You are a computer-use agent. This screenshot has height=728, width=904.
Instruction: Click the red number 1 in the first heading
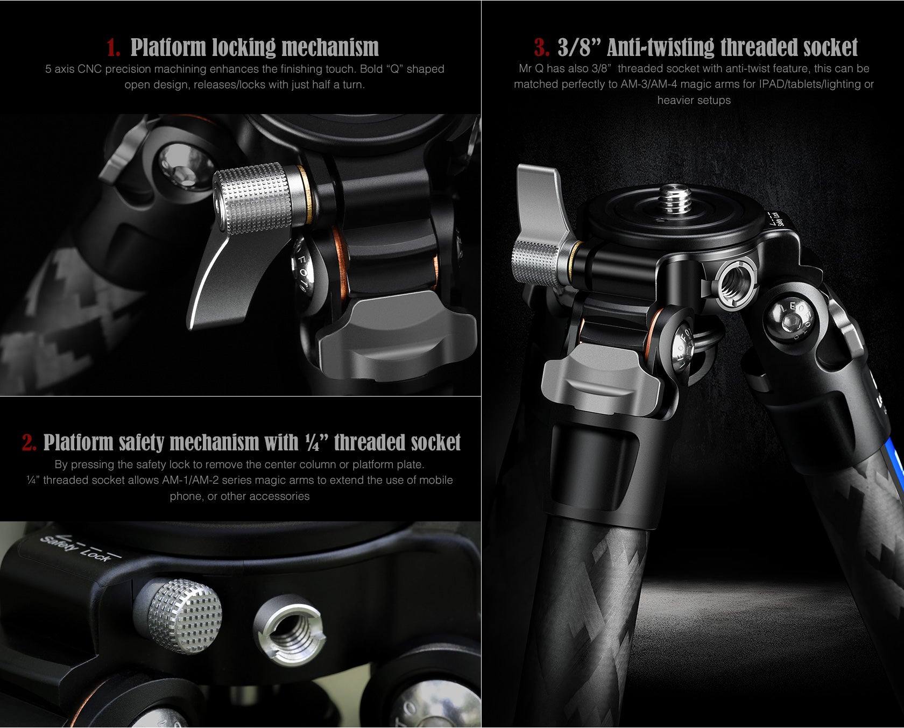(112, 48)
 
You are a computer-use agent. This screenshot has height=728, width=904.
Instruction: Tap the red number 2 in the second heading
(29, 443)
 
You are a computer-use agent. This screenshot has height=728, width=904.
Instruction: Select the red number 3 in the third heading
(541, 48)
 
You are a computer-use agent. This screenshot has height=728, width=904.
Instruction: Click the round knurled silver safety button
(185, 616)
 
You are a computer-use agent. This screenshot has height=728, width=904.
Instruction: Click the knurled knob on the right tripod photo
(535, 261)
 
